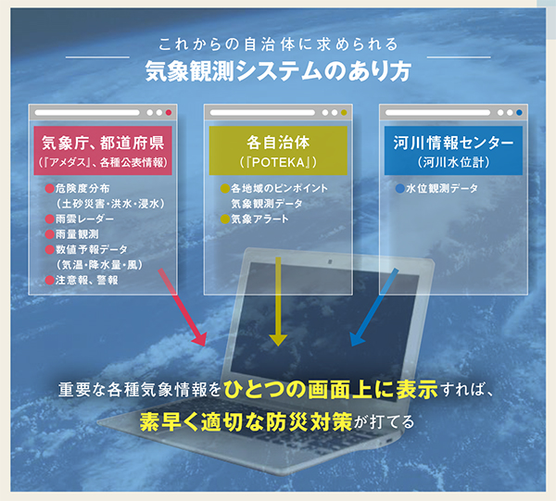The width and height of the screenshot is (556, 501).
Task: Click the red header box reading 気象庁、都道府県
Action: tap(103, 151)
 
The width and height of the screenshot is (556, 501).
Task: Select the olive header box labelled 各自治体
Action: tap(278, 151)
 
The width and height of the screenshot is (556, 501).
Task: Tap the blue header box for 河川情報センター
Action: tap(453, 151)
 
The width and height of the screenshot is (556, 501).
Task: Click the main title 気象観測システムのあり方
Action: tap(278, 71)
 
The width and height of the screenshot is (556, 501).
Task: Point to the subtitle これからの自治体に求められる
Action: tap(278, 44)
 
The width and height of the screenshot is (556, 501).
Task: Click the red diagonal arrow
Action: tap(183, 307)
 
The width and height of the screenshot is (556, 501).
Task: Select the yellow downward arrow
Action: tap(278, 302)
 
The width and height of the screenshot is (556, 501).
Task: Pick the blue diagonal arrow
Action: tap(374, 307)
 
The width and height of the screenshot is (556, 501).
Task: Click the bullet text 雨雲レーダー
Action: tap(84, 219)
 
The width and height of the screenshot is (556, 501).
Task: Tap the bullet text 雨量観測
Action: tap(77, 234)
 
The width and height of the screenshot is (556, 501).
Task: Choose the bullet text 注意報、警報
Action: tap(86, 281)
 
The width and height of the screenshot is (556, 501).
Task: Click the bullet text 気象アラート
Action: tap(259, 219)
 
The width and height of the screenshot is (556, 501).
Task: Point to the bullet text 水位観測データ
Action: tap(442, 188)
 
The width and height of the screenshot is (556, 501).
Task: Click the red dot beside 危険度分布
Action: tap(50, 189)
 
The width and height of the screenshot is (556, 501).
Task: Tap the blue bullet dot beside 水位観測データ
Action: tap(400, 189)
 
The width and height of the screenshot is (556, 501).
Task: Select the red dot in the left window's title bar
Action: tap(169, 113)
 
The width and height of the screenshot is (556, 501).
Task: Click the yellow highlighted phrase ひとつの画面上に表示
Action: tap(331, 389)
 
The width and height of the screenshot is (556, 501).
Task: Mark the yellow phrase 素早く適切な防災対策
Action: tap(246, 421)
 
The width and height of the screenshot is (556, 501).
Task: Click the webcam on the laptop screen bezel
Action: tap(330, 262)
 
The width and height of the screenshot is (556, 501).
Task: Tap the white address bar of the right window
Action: tap(437, 113)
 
